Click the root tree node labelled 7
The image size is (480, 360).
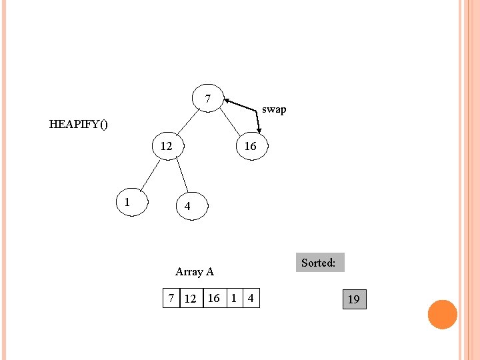click(208, 99)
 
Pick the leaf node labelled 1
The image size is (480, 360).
click(127, 201)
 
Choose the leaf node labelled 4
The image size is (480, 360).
click(187, 207)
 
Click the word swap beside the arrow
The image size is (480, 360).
click(274, 109)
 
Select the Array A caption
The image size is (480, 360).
click(194, 271)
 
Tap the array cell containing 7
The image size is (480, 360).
click(171, 298)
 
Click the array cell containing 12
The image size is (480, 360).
click(191, 298)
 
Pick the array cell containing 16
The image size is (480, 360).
click(214, 298)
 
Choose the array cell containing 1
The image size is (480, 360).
click(233, 298)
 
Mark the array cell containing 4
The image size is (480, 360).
click(251, 298)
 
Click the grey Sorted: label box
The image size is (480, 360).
click(318, 263)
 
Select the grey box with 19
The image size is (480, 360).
click(353, 299)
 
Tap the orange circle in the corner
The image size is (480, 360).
click(443, 315)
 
